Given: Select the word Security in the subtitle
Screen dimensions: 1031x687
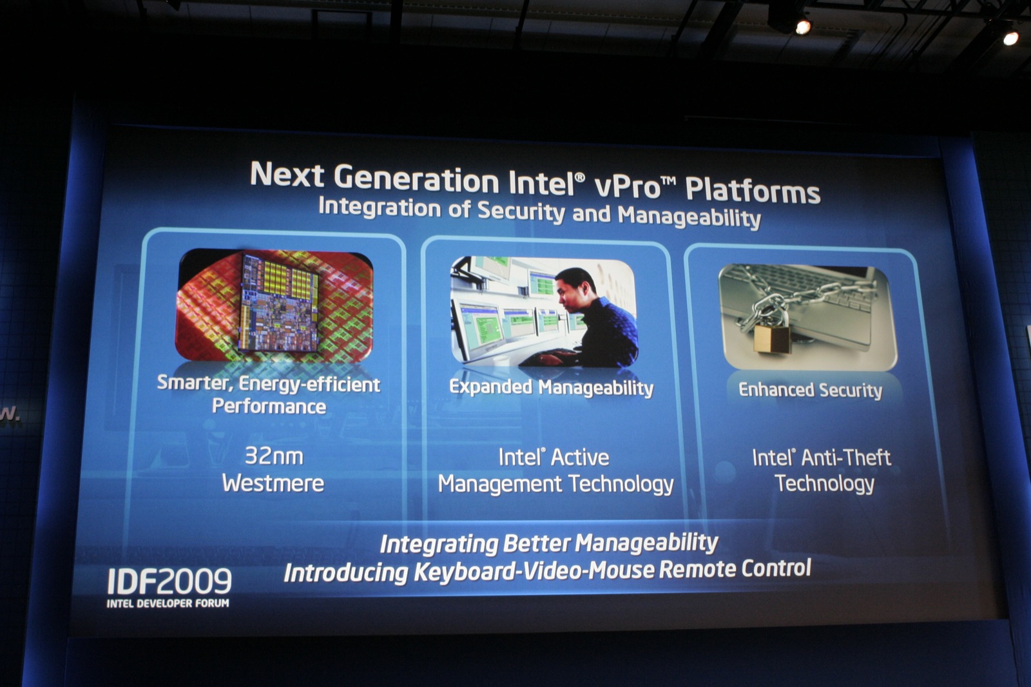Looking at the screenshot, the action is [x=521, y=211].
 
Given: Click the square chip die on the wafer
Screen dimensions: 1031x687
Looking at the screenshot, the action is [x=278, y=302].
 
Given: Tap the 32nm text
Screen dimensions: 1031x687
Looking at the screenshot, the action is [x=274, y=456].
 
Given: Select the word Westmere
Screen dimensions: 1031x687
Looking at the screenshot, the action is [x=273, y=483].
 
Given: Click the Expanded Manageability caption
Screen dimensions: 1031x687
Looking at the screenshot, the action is [x=551, y=388].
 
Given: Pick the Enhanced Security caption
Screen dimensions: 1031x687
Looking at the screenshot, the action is [x=810, y=390].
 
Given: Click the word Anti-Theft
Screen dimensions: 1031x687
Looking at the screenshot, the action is [x=846, y=458].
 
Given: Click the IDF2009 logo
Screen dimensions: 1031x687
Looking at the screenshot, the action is [x=169, y=581].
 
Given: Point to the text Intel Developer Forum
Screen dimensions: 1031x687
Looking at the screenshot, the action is [x=168, y=603].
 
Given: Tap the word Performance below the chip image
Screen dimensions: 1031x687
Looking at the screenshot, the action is [x=269, y=407].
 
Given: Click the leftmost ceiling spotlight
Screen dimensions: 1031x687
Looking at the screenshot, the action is [x=803, y=27].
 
